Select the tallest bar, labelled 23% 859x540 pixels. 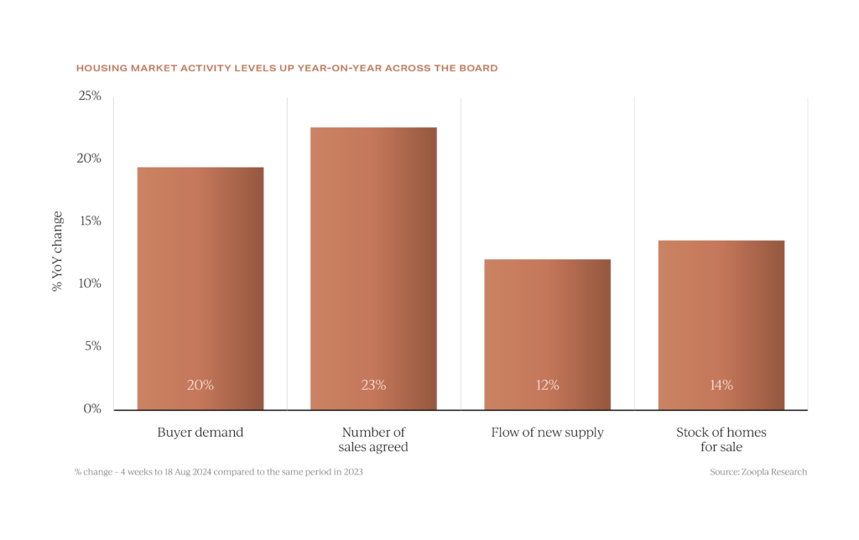pos(373,267)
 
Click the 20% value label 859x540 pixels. pos(200,386)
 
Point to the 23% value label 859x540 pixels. pos(373,386)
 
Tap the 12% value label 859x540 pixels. pos(547,386)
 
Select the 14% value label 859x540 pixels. pos(721,386)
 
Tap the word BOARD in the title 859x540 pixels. pos(480,68)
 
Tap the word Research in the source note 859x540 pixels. pos(789,472)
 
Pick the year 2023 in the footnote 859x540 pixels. pos(352,472)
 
